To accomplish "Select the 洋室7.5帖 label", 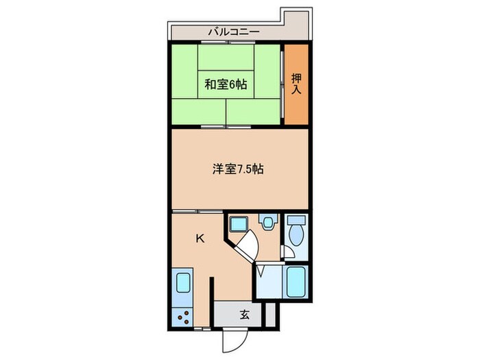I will tap(237, 169).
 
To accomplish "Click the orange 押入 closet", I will tap(297, 84).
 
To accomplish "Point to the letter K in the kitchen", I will tap(200, 239).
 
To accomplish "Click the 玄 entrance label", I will tap(244, 315).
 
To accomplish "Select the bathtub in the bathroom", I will tap(296, 282).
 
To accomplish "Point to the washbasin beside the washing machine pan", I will tap(267, 222).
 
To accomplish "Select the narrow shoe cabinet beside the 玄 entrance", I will tap(269, 315).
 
